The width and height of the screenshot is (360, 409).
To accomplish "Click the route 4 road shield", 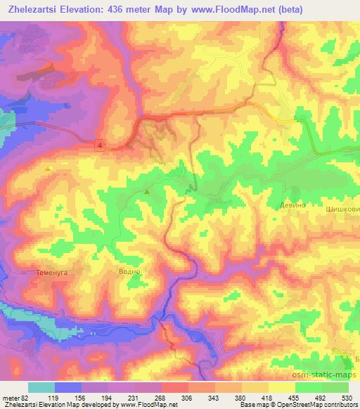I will [x=101, y=144].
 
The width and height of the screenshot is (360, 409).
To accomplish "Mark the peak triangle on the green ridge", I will [x=147, y=191].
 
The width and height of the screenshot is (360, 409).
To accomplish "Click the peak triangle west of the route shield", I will [x=48, y=169].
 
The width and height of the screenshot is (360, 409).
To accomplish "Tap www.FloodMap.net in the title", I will [x=240, y=9].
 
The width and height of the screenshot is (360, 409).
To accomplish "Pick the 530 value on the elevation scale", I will [x=347, y=397].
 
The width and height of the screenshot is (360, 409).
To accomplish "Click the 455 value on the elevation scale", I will [x=294, y=397].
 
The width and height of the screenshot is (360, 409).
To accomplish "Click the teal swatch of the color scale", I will [x=41, y=387].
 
